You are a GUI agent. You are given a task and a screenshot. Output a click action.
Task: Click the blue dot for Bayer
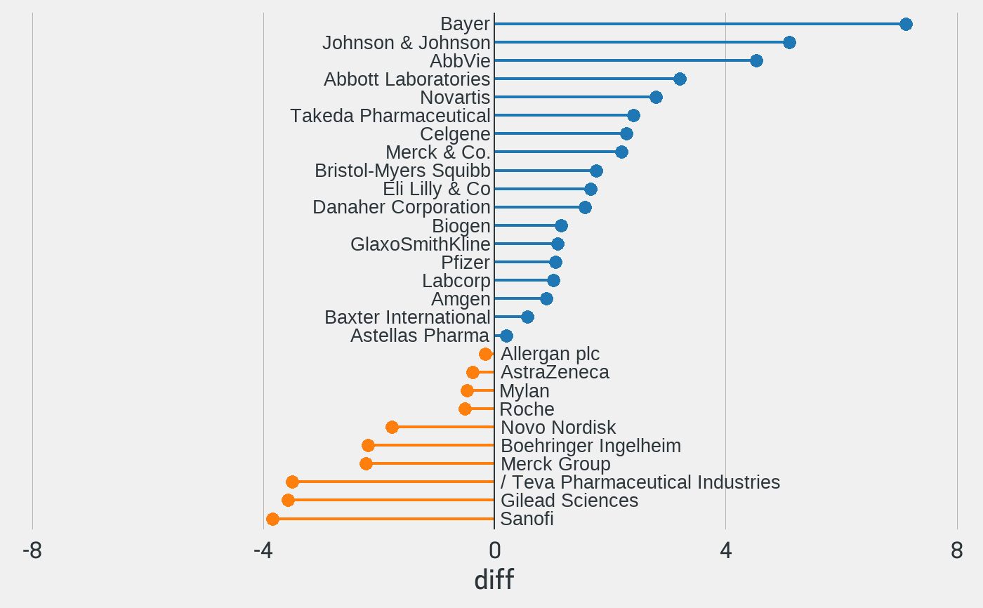[906, 25]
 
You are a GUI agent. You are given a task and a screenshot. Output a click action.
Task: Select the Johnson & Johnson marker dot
[789, 43]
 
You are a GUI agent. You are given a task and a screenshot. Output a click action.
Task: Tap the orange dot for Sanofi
[272, 519]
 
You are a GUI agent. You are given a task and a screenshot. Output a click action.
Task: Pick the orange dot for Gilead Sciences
[288, 501]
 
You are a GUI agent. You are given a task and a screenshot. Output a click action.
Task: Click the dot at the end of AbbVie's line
[756, 61]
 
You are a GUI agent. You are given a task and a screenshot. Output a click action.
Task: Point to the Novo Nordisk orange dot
[392, 427]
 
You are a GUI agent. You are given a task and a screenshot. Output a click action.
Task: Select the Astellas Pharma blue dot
[506, 336]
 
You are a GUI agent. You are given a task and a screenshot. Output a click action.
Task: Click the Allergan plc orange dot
[485, 354]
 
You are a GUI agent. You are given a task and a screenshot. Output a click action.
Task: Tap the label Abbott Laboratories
[407, 79]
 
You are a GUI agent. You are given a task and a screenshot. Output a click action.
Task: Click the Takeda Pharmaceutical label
[390, 116]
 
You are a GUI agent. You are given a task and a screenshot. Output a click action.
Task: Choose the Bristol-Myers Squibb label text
[402, 171]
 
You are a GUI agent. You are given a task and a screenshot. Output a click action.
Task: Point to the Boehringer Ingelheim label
[591, 446]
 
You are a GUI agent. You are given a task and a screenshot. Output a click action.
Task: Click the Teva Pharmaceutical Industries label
[640, 482]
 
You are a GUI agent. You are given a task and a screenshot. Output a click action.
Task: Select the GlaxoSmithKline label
[420, 244]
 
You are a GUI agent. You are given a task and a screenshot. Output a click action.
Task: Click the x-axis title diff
[494, 580]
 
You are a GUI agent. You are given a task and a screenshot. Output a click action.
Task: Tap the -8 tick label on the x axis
[32, 551]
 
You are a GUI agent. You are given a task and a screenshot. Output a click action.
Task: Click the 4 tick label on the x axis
[725, 551]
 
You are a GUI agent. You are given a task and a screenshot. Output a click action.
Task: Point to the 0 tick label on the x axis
[494, 551]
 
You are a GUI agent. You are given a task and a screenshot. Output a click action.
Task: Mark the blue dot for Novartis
[656, 97]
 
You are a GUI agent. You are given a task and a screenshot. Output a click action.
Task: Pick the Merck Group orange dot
[366, 463]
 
